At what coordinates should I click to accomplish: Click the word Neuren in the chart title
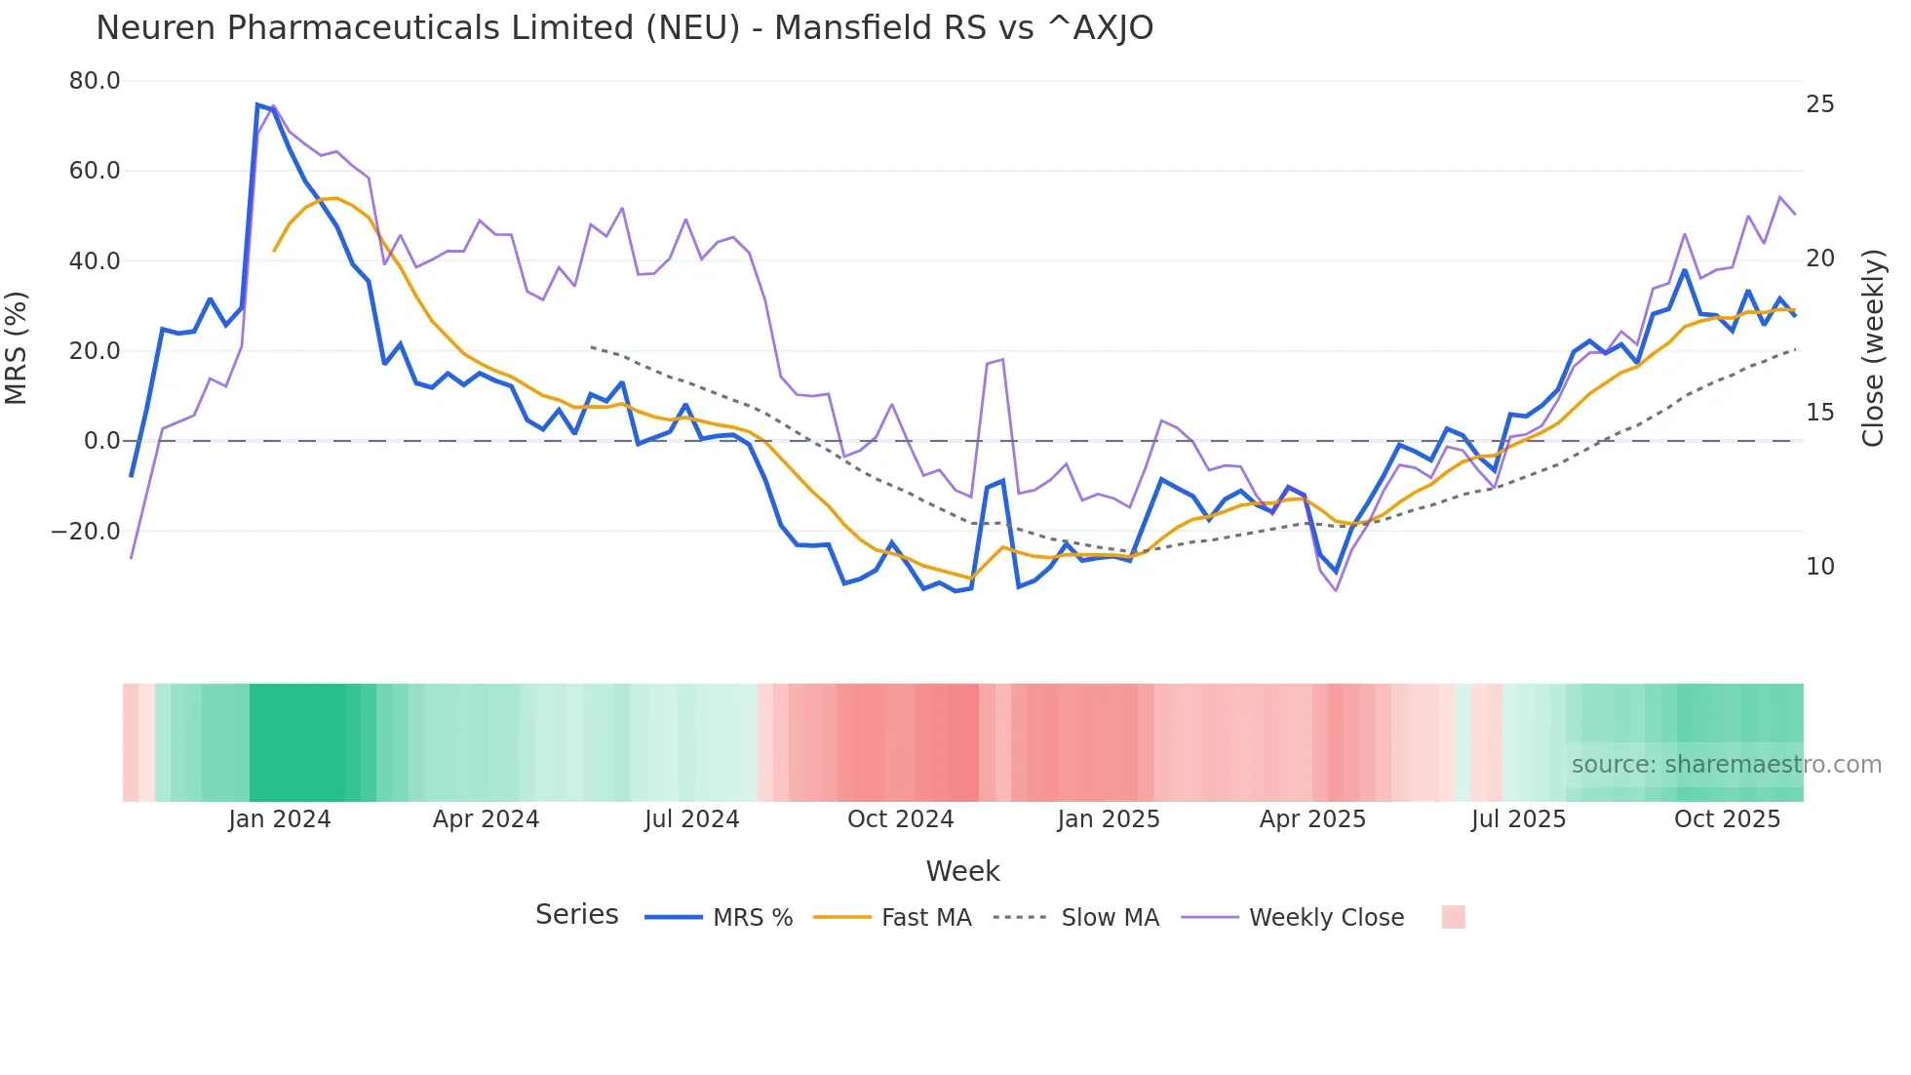coord(156,28)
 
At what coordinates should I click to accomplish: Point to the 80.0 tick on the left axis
coord(95,81)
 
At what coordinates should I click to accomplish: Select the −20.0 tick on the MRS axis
coord(86,532)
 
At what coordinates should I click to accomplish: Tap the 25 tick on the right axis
coord(1819,104)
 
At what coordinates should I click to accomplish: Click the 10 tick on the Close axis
coord(1819,567)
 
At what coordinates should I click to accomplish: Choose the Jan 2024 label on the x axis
coord(280,819)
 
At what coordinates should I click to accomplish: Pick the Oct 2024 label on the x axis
coord(900,819)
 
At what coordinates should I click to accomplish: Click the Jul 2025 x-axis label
coord(1518,819)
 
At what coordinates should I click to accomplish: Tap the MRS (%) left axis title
coord(17,347)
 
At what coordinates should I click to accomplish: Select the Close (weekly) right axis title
coord(1873,347)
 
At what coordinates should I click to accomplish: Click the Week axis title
coord(962,871)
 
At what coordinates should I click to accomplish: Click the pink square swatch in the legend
coord(1453,917)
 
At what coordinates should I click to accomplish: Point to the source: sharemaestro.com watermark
coord(1726,765)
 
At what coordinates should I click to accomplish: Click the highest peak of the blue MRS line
coord(257,104)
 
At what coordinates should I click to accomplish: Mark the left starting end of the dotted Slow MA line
coord(591,346)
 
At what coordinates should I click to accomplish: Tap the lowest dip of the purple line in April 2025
coord(1336,590)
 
